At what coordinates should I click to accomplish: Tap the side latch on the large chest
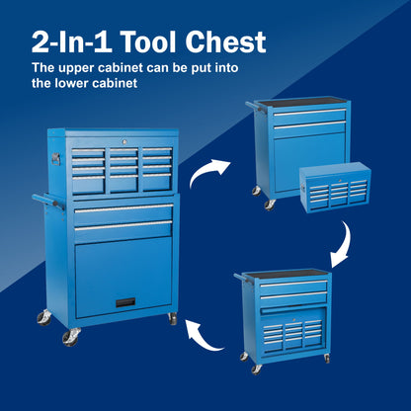[x=57, y=158]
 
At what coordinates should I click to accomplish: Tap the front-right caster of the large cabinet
[x=172, y=319]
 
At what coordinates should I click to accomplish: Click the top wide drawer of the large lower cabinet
[x=123, y=209]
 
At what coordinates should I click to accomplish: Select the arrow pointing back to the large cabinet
[x=208, y=332]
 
